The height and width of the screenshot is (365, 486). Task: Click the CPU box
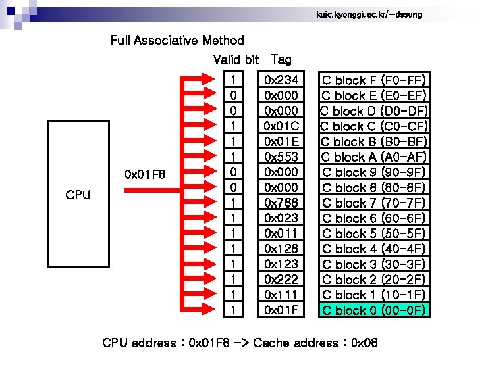(78, 194)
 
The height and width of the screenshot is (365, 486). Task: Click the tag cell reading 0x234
(281, 80)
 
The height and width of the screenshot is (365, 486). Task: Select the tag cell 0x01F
(281, 310)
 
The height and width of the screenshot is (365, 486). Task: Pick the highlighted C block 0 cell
(374, 310)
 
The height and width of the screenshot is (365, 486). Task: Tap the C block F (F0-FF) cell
(374, 80)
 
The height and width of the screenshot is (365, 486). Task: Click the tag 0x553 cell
(281, 157)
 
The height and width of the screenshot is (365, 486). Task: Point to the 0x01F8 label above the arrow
(144, 174)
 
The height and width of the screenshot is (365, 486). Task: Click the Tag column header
(281, 59)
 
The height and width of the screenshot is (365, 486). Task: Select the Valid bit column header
(236, 59)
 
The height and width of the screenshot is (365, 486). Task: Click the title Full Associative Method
(177, 40)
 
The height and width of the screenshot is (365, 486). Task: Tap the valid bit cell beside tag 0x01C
(234, 126)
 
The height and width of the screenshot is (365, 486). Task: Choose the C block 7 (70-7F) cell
(374, 203)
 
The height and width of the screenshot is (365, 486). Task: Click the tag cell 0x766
(281, 203)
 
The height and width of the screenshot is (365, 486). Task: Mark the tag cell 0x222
(281, 279)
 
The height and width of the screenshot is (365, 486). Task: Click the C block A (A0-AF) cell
(374, 157)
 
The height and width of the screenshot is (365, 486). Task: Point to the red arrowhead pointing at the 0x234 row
(209, 79)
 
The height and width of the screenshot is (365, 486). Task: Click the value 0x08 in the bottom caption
(364, 343)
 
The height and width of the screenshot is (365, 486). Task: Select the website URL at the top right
(369, 14)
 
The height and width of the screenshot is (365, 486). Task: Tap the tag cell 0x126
(281, 249)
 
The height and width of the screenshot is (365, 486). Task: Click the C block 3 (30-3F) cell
(374, 264)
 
